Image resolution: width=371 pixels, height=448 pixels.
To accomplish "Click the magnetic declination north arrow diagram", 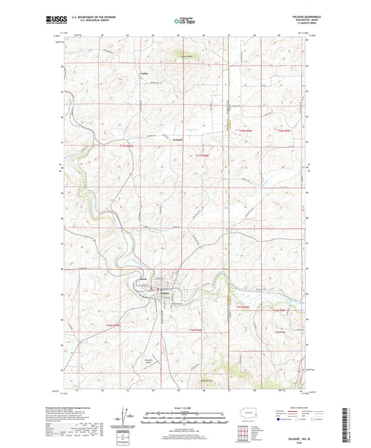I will [x=126, y=416].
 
